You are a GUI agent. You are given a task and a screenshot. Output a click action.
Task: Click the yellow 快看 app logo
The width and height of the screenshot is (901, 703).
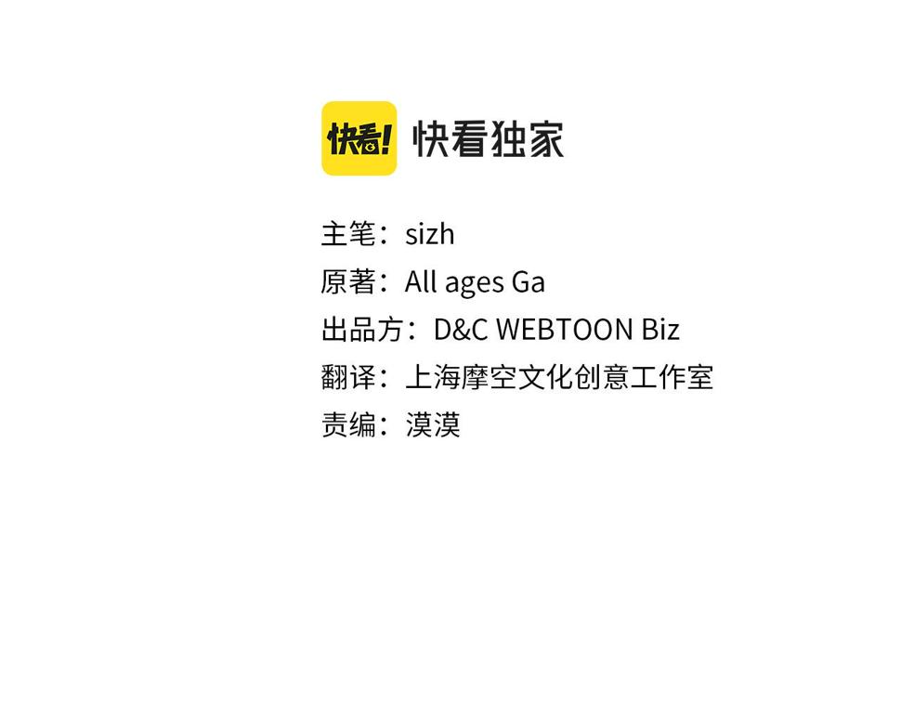(x=359, y=138)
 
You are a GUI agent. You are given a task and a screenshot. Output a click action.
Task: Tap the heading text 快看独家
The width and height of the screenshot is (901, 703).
(x=489, y=139)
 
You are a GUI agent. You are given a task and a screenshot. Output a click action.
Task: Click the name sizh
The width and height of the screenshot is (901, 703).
(x=430, y=234)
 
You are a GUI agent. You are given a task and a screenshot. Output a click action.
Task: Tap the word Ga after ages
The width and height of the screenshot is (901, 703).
(x=529, y=282)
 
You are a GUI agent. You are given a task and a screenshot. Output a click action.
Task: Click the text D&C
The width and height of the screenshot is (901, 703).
(x=461, y=330)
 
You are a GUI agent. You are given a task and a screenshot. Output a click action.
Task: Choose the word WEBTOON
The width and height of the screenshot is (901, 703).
(x=564, y=330)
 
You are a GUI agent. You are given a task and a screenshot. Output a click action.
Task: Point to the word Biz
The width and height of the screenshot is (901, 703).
(x=660, y=330)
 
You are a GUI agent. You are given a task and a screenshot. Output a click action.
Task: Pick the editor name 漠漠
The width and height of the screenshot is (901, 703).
(x=433, y=425)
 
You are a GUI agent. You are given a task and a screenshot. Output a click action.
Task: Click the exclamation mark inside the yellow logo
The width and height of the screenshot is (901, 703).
(x=385, y=139)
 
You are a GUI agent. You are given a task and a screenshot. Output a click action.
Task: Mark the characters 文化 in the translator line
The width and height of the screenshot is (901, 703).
(x=545, y=377)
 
